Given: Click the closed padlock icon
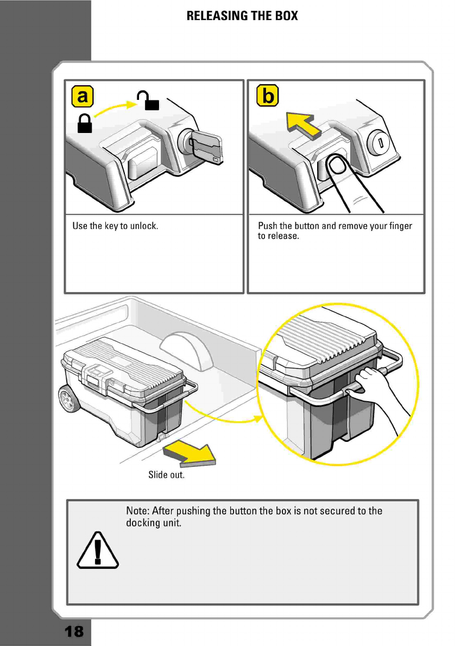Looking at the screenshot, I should point(84,124).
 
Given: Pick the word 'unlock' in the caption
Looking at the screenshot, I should point(144,226).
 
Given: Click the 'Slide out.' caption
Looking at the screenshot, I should point(167,475).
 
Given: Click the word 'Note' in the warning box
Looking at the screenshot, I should point(137,511).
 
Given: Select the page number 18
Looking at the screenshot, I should point(74,631).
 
